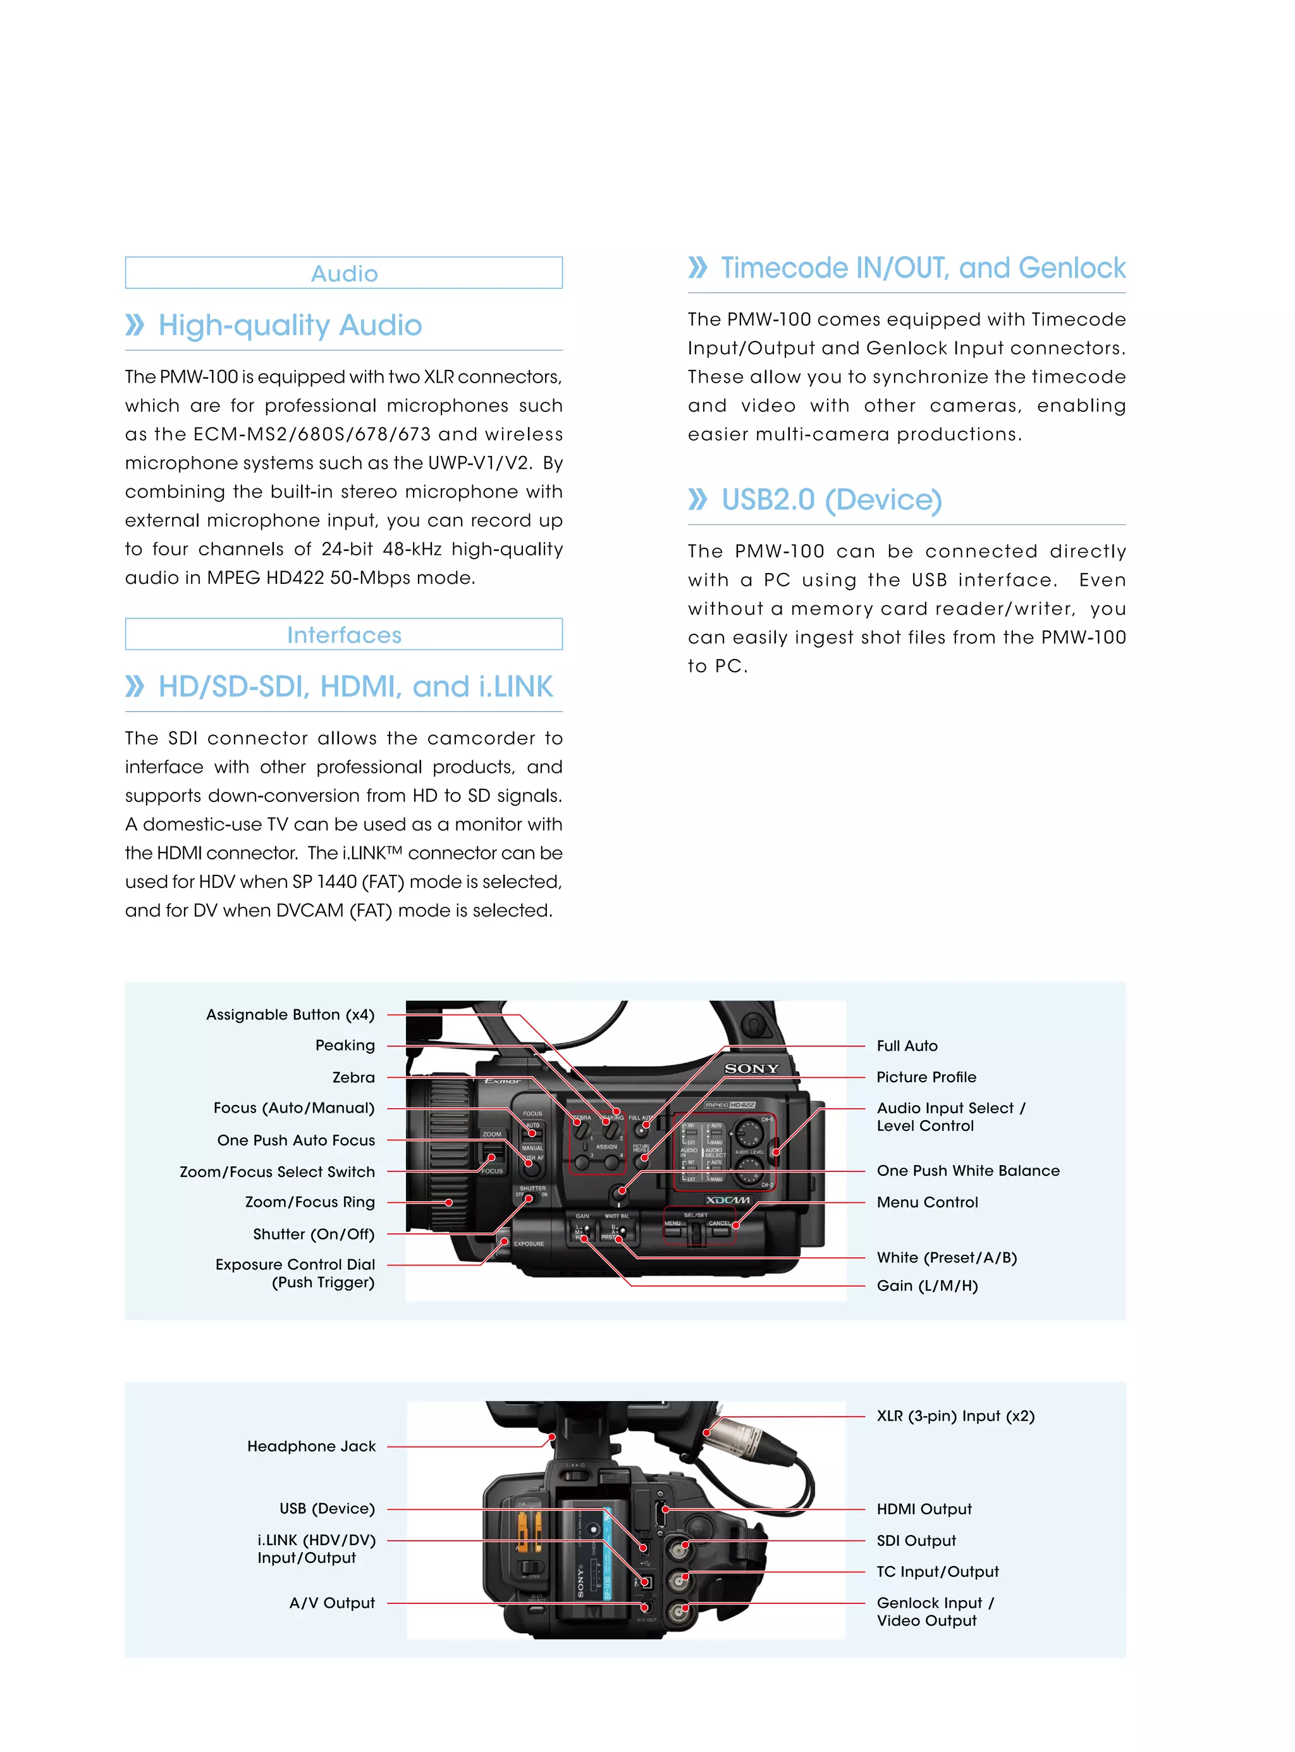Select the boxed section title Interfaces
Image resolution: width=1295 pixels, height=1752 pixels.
click(344, 635)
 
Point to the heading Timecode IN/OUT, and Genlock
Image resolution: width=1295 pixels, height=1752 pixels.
click(923, 268)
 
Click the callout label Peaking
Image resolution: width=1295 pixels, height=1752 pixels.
click(345, 1046)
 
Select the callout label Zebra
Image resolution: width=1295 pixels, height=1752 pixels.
click(353, 1078)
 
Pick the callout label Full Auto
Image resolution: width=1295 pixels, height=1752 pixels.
click(907, 1046)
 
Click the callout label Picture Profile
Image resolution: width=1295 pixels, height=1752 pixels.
click(926, 1077)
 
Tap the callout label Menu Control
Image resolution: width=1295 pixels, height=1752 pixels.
click(928, 1202)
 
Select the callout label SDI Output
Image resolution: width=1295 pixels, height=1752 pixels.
click(916, 1540)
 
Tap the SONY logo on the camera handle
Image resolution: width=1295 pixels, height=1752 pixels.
click(752, 1068)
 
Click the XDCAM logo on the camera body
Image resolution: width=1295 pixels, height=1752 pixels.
click(727, 1200)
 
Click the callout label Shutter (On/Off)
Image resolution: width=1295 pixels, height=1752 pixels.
click(314, 1235)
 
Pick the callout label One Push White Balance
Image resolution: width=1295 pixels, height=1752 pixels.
click(968, 1170)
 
